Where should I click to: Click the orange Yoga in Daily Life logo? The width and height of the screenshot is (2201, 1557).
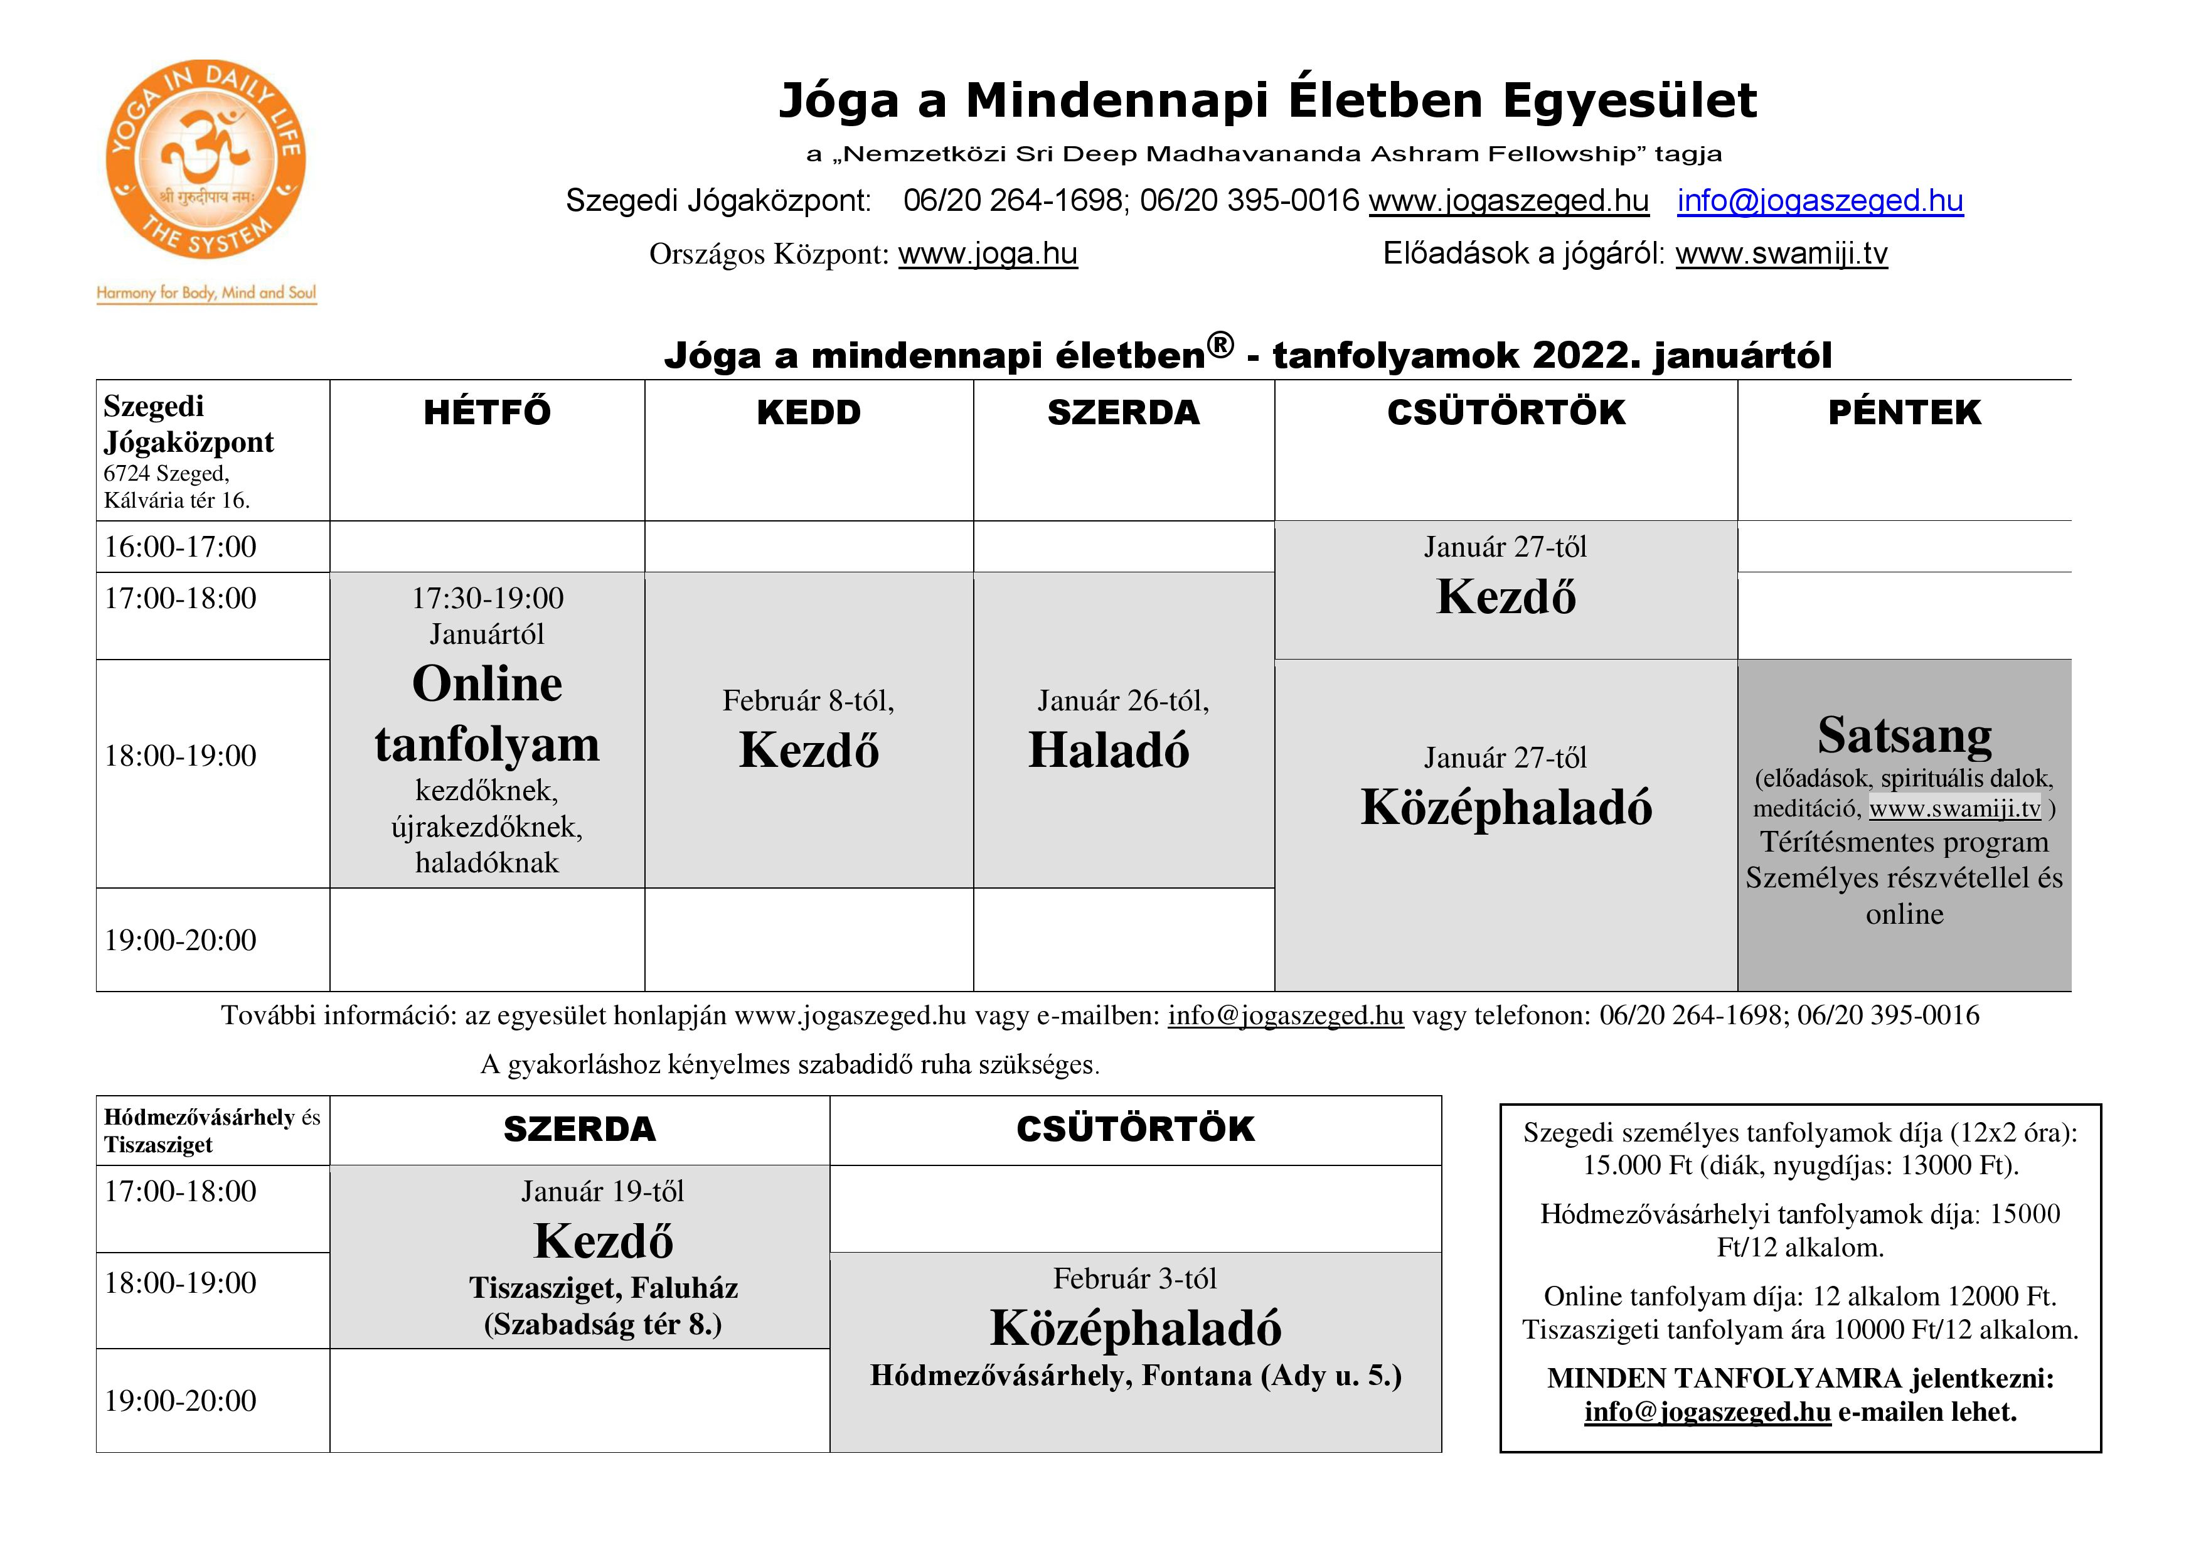[205, 159]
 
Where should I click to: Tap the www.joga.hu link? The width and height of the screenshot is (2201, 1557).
[988, 254]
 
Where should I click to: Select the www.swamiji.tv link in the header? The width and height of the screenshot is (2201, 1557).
[1781, 254]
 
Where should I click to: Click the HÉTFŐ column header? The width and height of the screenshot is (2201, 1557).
[487, 412]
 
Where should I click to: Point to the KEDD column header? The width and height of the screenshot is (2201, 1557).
[808, 412]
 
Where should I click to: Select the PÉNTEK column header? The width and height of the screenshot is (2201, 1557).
[1904, 412]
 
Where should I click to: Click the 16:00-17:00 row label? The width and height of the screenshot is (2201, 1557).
[180, 547]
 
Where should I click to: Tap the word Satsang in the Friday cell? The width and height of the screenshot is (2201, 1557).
[1904, 736]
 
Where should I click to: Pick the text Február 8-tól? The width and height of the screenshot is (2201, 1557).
[808, 701]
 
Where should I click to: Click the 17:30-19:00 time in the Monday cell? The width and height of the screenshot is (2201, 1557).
[487, 598]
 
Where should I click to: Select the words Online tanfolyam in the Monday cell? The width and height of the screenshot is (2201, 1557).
[487, 714]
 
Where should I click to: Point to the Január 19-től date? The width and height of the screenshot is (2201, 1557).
[602, 1192]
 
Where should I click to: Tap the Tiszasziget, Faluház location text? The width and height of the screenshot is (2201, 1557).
[603, 1288]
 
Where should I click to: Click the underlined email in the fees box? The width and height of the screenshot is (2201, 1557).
[1707, 1412]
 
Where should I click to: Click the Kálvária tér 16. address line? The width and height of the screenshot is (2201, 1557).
[176, 500]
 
